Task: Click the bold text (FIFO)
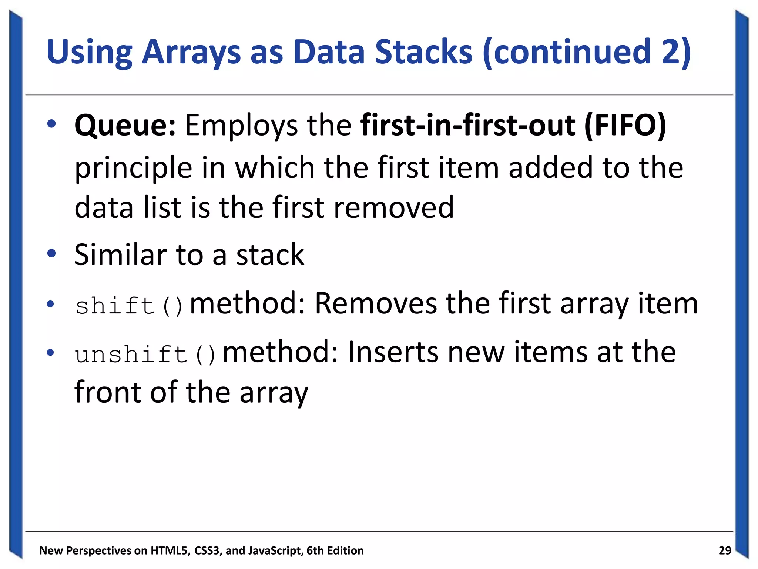pyautogui.click(x=625, y=125)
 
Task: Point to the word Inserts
pyautogui.click(x=393, y=352)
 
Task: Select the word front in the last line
pyautogui.click(x=107, y=392)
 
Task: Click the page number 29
pyautogui.click(x=724, y=550)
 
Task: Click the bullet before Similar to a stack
pyautogui.click(x=51, y=254)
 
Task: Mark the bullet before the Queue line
pyautogui.click(x=51, y=124)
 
